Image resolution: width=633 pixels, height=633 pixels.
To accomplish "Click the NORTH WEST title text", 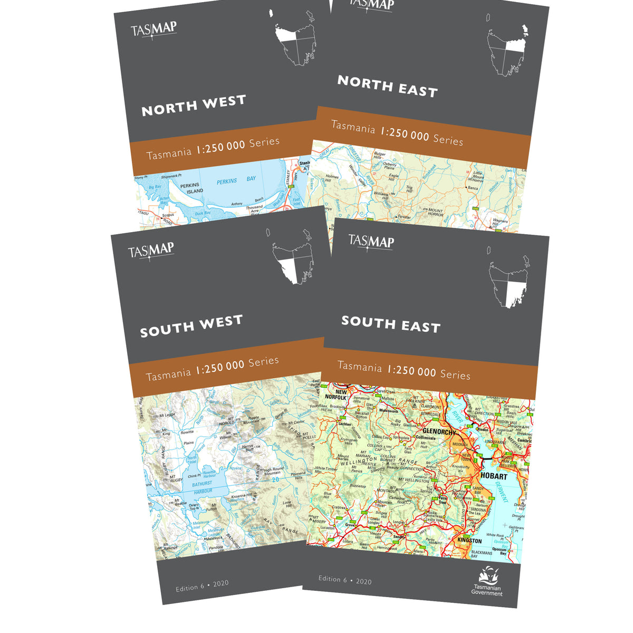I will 194,104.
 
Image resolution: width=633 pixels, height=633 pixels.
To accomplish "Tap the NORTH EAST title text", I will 387,87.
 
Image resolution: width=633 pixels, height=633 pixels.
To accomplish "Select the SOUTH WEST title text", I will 191,325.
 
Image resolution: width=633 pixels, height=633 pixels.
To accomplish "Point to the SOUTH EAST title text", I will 390,324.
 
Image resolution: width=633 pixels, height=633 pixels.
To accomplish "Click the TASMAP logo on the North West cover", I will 154,28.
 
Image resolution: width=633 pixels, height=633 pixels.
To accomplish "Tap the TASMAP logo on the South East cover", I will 371,242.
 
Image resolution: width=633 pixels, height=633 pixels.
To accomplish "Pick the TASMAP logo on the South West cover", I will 151,250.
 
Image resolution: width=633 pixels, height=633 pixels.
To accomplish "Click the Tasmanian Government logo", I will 487,581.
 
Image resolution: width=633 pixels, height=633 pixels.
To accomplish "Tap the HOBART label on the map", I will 493,476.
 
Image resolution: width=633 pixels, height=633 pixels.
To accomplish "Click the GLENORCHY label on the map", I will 439,431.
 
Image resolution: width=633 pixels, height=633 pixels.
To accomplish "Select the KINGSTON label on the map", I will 469,541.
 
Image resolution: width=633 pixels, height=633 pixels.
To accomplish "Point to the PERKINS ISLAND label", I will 191,188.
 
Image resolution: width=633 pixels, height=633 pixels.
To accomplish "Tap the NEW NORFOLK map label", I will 335,394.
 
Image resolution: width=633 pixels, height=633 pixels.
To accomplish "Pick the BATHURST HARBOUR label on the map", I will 202,487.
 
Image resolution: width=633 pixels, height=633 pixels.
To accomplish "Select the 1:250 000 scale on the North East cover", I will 405,134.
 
